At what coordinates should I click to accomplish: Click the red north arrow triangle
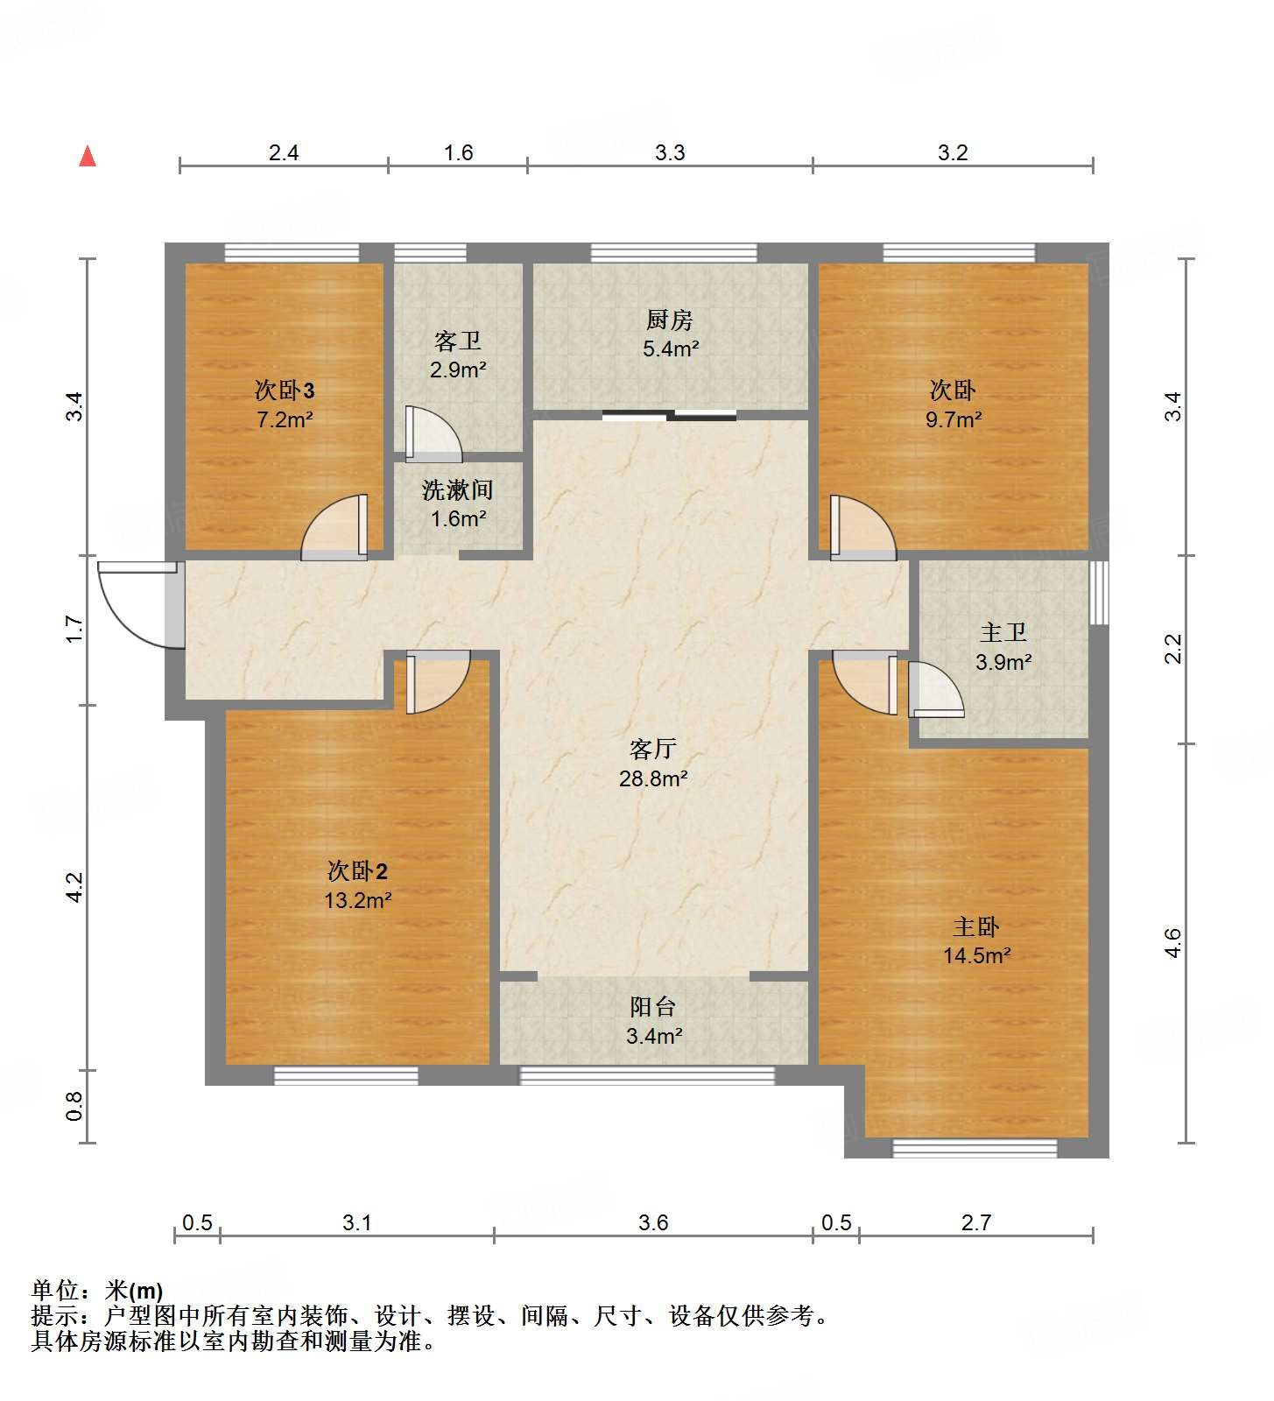(x=88, y=156)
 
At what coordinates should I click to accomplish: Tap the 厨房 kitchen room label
(x=670, y=320)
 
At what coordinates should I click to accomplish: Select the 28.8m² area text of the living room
(x=653, y=778)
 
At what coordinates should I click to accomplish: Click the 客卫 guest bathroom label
(x=457, y=341)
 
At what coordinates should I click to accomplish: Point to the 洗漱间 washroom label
(x=457, y=490)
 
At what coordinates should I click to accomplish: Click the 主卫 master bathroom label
(x=1003, y=632)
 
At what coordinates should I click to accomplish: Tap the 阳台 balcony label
(x=653, y=1007)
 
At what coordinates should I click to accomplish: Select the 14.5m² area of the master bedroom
(x=976, y=955)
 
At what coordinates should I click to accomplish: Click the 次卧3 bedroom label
(x=284, y=391)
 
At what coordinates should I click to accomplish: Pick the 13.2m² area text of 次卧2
(x=357, y=900)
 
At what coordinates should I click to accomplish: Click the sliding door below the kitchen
(x=670, y=415)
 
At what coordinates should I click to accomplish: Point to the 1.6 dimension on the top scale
(x=458, y=153)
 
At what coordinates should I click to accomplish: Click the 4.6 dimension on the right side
(x=1173, y=943)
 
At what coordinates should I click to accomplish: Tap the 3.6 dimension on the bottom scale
(x=653, y=1222)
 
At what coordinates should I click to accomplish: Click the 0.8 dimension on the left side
(x=75, y=1106)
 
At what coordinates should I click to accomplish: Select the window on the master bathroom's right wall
(x=1098, y=593)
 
